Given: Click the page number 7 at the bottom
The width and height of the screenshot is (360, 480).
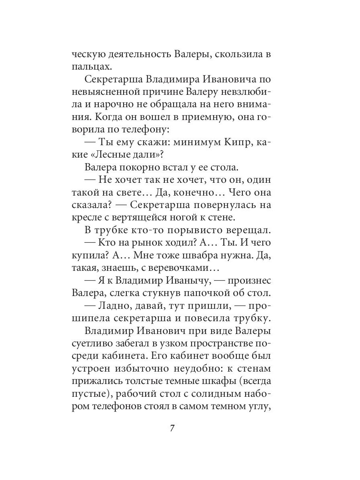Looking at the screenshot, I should click(x=172, y=428).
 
